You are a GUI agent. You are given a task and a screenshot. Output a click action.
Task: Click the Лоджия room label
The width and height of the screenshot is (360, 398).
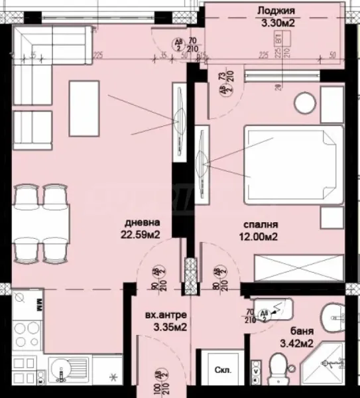pyautogui.click(x=276, y=10)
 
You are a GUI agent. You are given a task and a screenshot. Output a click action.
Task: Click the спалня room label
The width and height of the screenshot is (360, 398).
pyautogui.click(x=259, y=224)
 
